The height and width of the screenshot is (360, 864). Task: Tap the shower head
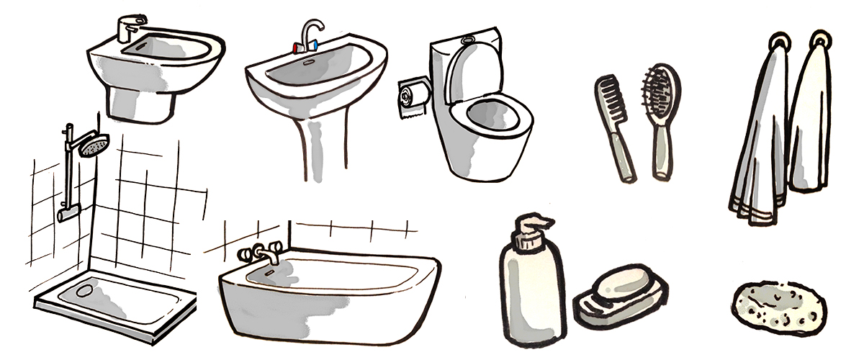(x=94, y=145)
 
